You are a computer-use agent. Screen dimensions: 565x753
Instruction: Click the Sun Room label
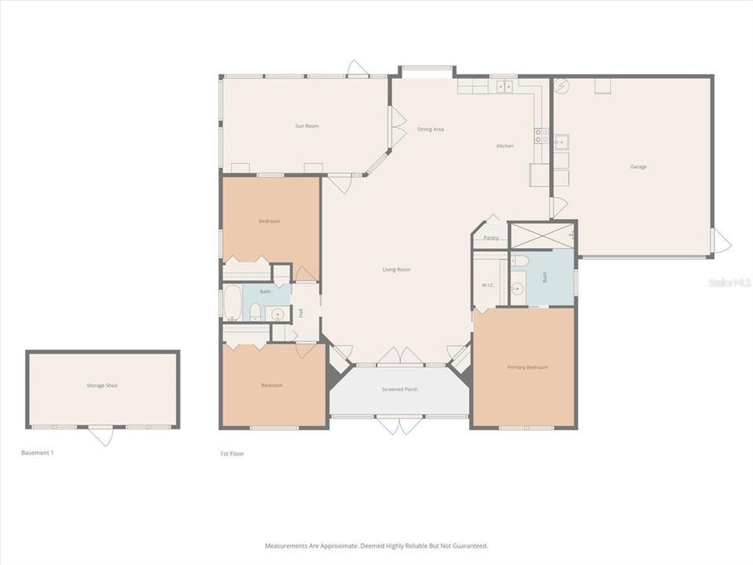(x=307, y=126)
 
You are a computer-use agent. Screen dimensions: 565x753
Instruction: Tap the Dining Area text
(x=431, y=129)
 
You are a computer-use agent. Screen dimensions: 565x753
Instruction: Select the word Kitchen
(x=505, y=146)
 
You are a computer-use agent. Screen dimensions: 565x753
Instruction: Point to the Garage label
(x=638, y=166)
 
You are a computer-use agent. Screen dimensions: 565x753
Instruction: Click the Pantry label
(x=491, y=238)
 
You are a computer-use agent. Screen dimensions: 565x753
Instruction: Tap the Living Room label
(x=396, y=270)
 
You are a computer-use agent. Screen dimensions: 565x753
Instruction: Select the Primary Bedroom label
(x=527, y=367)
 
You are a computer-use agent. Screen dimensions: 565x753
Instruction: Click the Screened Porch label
(x=399, y=389)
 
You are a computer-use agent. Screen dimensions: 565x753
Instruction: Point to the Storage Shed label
(x=102, y=385)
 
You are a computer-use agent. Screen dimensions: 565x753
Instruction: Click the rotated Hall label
(x=300, y=313)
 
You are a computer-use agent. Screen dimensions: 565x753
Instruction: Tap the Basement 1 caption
(x=37, y=453)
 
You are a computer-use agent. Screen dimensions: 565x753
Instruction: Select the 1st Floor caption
(x=232, y=454)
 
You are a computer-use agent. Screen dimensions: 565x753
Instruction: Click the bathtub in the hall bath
(x=232, y=303)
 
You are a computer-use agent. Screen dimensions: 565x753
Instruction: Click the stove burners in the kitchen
(x=541, y=135)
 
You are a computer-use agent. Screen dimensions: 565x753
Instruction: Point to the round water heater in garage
(x=561, y=86)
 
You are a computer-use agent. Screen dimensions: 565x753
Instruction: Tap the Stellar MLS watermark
(x=729, y=281)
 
